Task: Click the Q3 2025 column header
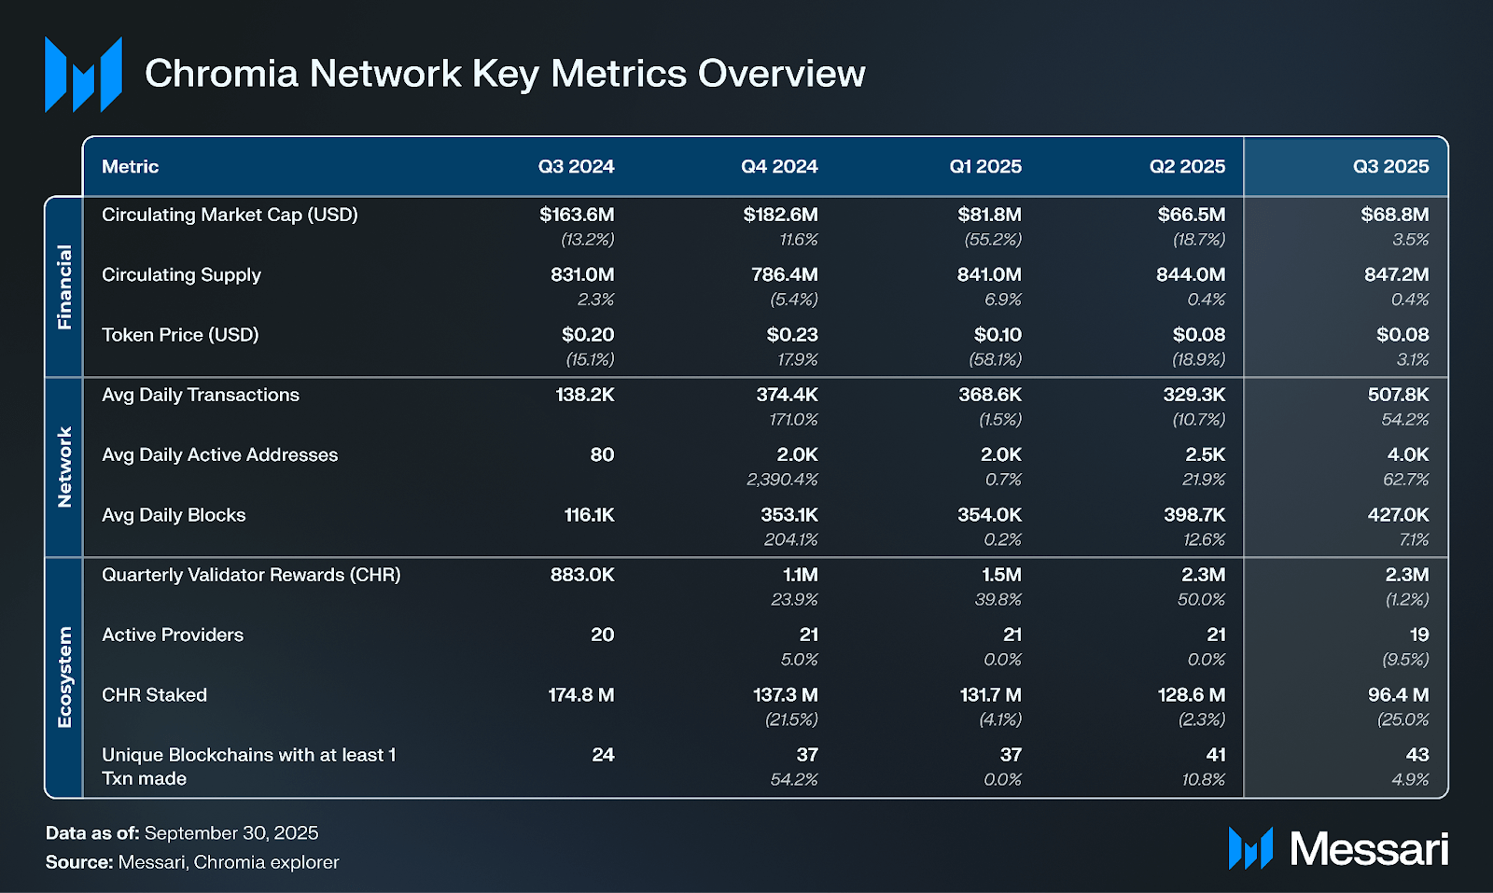1390,166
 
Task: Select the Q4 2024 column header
779,166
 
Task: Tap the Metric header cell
130,166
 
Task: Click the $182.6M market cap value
780,215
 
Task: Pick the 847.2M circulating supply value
1396,274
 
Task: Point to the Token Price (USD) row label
180,334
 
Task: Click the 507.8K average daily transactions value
1398,395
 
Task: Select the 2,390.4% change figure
782,480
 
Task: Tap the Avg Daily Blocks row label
174,515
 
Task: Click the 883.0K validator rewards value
582,575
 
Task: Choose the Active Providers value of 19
1418,635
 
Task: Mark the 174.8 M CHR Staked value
580,695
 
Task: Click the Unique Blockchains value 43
1416,755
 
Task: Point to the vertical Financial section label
64,286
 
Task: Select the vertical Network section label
64,467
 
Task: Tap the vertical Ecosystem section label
64,677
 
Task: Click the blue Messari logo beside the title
83,75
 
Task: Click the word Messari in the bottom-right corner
1369,849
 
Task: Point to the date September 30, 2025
231,833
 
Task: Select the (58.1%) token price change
995,359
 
